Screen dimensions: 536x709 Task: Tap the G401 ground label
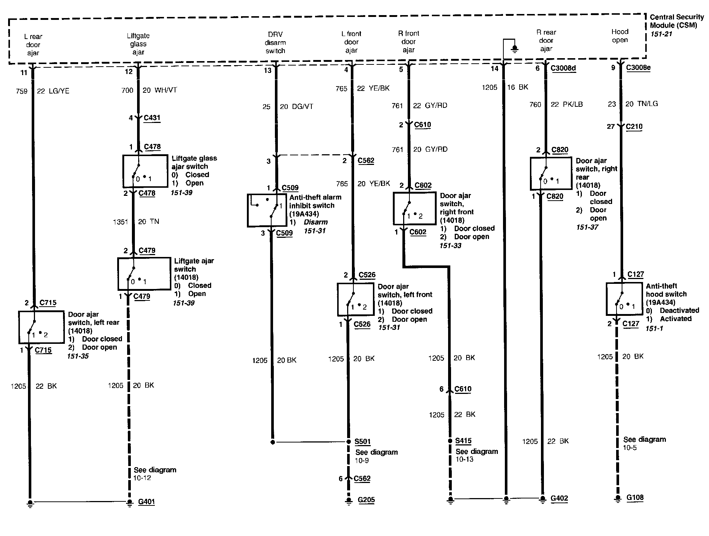pos(146,502)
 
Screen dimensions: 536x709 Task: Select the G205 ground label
pos(366,500)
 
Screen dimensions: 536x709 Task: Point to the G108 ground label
pos(635,498)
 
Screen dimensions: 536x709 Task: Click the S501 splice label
pos(362,441)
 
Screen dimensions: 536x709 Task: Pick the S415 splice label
pos(463,441)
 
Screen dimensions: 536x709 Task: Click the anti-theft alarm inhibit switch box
pos(267,210)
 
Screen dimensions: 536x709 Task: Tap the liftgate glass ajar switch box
pos(145,171)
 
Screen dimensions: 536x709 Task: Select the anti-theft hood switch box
pos(624,299)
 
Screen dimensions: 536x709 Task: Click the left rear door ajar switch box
pos(41,327)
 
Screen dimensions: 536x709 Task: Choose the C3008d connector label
pos(563,68)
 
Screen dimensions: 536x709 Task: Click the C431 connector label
pos(152,118)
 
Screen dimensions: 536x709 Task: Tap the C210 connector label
pos(634,127)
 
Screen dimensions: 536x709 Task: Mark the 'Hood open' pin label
pos(620,36)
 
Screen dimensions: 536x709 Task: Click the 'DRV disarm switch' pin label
pos(275,43)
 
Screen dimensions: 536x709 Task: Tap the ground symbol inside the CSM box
pos(515,48)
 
